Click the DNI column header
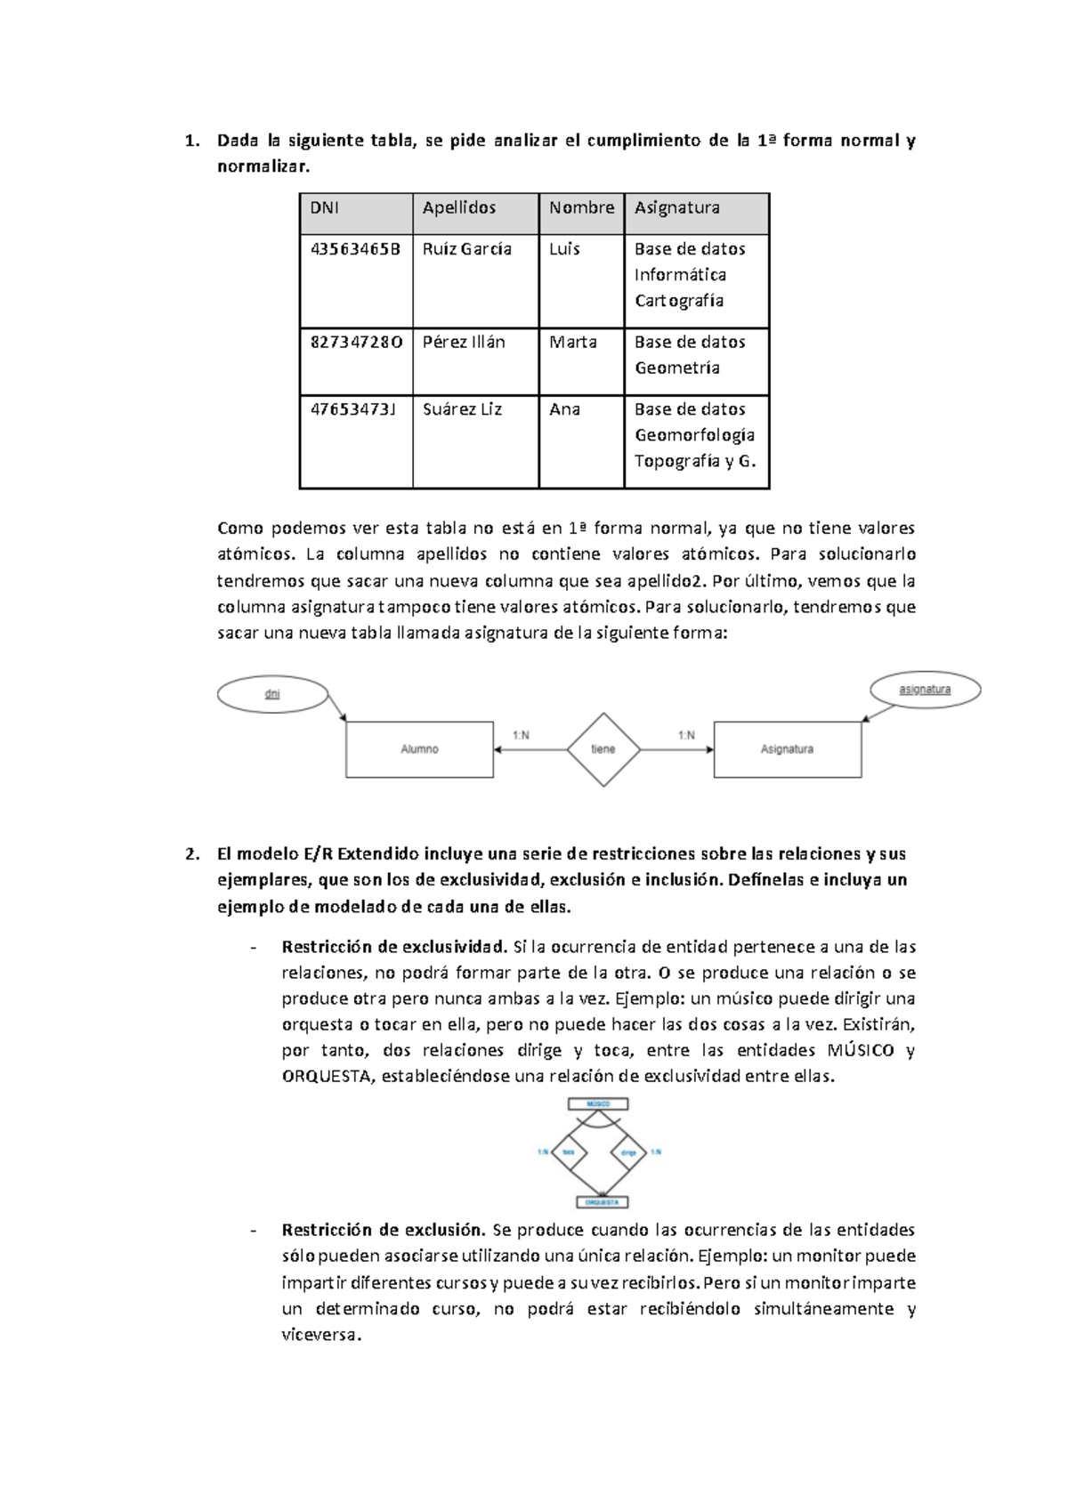click(324, 208)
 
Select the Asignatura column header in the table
click(676, 208)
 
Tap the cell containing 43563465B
click(354, 249)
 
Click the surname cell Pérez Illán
click(464, 343)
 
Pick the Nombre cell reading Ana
click(564, 409)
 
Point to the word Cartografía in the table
click(678, 301)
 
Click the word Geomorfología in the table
click(694, 435)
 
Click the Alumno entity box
click(419, 749)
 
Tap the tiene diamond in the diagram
click(603, 749)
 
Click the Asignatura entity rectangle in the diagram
click(787, 749)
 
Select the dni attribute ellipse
click(272, 694)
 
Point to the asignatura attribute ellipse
click(925, 690)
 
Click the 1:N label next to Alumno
click(521, 735)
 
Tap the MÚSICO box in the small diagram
click(598, 1104)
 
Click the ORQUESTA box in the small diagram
click(603, 1201)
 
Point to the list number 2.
click(190, 854)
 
